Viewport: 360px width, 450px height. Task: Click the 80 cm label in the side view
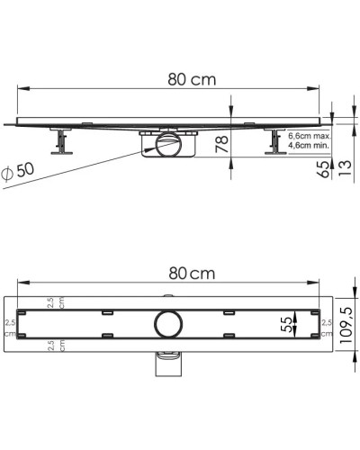192,79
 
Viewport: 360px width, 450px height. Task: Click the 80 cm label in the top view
192,274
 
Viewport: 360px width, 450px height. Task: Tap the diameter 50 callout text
18,173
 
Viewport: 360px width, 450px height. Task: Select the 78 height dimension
222,144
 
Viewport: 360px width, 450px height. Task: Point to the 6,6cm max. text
309,136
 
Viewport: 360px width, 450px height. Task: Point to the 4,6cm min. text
309,146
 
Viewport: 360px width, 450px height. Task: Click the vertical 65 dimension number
324,169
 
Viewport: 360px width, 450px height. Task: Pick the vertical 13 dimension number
345,168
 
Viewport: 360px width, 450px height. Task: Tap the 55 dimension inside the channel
287,324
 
